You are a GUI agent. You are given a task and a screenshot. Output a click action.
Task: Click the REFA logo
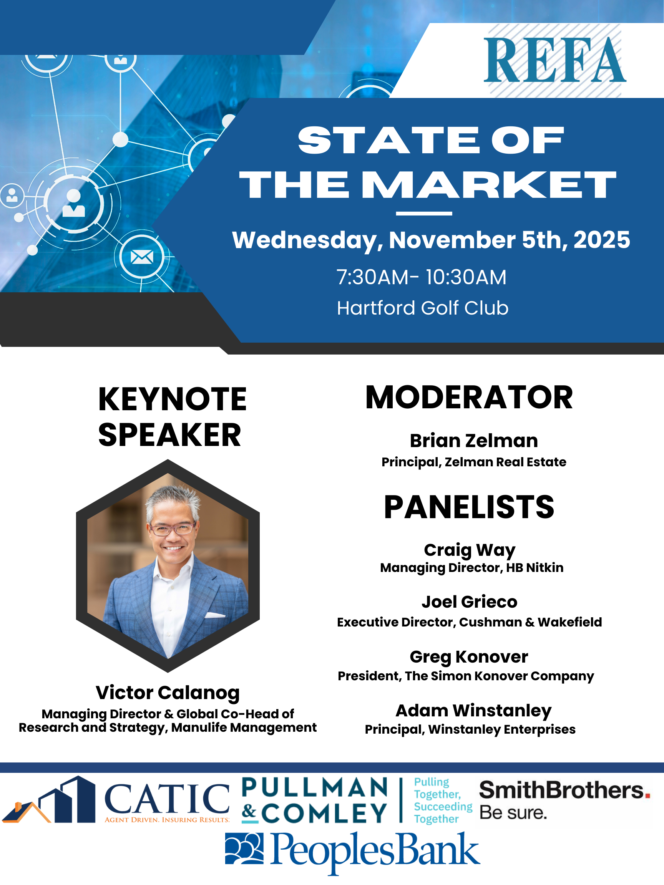coord(555,60)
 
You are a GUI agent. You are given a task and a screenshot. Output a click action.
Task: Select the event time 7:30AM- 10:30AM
coord(422,277)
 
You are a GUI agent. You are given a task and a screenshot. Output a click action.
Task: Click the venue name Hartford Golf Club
coord(423,308)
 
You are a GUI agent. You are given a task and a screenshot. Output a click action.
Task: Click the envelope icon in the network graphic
coord(142,257)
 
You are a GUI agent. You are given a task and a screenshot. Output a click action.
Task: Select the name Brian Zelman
coord(474,441)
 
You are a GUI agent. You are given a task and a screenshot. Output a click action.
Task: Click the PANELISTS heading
coord(469,507)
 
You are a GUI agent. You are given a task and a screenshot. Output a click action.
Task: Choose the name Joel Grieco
coord(470,602)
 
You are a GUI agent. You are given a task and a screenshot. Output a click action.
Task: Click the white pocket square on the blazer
coord(215,615)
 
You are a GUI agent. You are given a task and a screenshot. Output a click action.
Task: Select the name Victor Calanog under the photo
coord(168,693)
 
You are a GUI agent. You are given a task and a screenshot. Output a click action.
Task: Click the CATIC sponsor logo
coord(116,800)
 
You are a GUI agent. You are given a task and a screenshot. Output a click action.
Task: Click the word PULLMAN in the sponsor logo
coord(315,788)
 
